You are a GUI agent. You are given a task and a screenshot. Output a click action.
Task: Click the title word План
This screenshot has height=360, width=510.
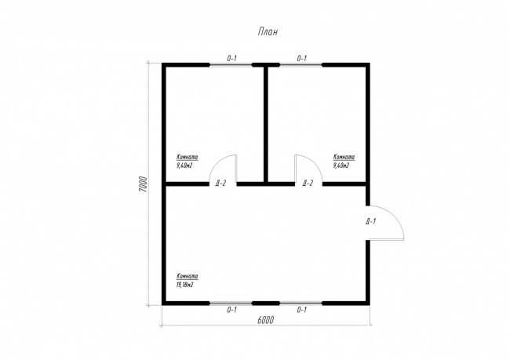point(268,32)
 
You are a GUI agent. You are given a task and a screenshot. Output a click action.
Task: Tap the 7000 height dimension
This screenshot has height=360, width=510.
point(143,184)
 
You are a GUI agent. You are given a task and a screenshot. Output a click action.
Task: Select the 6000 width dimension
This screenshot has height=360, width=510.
point(265,320)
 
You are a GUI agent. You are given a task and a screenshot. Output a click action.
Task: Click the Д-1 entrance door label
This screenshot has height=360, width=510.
point(371,222)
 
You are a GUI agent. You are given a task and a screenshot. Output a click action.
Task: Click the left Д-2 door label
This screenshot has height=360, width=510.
point(220,184)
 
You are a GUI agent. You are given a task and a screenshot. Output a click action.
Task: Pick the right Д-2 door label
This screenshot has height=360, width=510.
point(308,183)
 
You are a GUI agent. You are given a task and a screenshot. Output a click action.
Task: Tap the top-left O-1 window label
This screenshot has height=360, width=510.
point(231,59)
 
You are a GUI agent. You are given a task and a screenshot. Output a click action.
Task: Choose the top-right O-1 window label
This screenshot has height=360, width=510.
point(302,59)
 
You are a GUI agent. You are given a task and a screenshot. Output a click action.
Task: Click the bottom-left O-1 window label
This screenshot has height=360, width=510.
point(231,310)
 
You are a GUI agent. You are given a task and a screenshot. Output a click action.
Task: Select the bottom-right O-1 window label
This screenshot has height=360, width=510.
point(302,310)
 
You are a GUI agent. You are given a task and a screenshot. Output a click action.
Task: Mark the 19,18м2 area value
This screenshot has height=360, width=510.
point(184,285)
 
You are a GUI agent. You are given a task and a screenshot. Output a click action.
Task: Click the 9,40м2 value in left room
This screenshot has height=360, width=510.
point(184,165)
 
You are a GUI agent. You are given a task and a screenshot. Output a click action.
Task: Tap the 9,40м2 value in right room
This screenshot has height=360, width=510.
point(341,165)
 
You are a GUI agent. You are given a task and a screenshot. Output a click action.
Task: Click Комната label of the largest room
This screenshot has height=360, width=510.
point(188,276)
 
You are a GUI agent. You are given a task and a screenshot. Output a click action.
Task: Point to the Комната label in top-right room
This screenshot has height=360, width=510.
point(344,157)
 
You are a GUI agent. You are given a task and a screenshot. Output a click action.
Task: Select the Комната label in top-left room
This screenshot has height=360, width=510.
point(188,157)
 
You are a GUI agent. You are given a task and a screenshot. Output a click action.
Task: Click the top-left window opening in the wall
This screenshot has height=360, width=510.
point(231,65)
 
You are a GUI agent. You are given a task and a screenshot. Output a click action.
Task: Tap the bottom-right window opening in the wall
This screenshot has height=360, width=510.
point(301,303)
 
